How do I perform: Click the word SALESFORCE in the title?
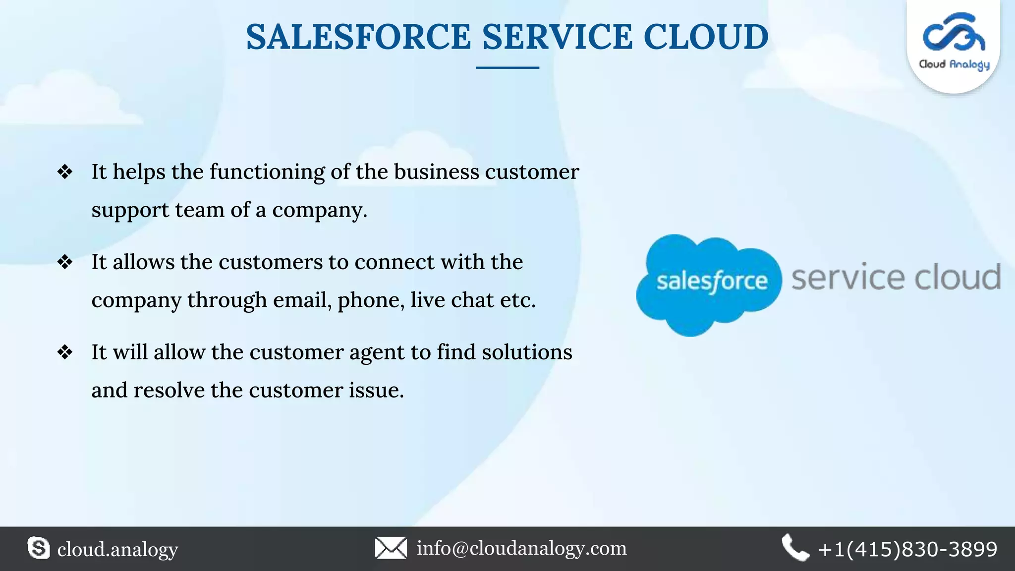pos(358,37)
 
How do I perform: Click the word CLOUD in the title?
pos(706,37)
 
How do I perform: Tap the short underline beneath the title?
pos(507,67)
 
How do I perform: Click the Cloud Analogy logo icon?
pos(954,33)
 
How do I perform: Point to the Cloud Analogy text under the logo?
pos(954,64)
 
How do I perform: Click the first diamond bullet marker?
pos(65,172)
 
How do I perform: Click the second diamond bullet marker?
pos(65,262)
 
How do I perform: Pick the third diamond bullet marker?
pos(65,352)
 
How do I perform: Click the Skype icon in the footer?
pos(39,548)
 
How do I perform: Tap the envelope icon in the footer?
pos(391,548)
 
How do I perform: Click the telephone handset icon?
pos(795,548)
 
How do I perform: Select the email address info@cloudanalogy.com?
pos(521,548)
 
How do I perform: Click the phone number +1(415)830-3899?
pos(907,549)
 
